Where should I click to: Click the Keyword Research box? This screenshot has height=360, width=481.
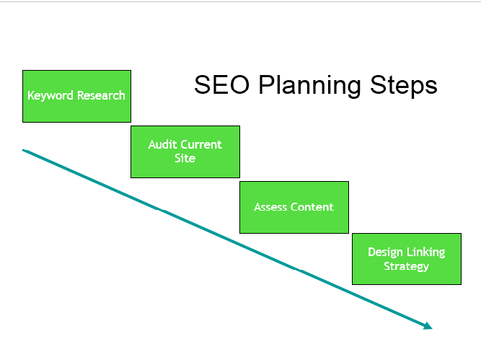[76, 108]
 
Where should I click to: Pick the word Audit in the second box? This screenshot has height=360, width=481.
[162, 144]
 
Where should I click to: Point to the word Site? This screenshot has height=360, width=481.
[185, 158]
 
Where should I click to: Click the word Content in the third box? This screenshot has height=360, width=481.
[312, 207]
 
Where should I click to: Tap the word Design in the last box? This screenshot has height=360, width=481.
[384, 253]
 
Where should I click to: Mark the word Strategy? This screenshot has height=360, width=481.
[406, 266]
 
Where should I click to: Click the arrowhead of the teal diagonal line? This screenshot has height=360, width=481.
[428, 326]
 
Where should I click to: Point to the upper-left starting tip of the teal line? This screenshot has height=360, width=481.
[24, 150]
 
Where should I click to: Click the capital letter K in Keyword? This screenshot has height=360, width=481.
[31, 95]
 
